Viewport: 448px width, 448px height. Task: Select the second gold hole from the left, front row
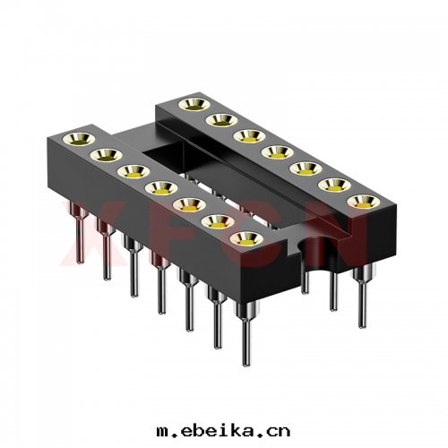click(101, 155)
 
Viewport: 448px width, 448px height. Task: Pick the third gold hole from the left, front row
click(128, 170)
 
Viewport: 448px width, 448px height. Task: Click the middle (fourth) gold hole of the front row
click(158, 187)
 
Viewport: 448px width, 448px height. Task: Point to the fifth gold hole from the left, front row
click(185, 205)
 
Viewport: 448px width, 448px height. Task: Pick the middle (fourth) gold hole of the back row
click(271, 151)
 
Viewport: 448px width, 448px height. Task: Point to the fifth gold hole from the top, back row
click(300, 168)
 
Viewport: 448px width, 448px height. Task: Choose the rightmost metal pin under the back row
click(363, 300)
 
